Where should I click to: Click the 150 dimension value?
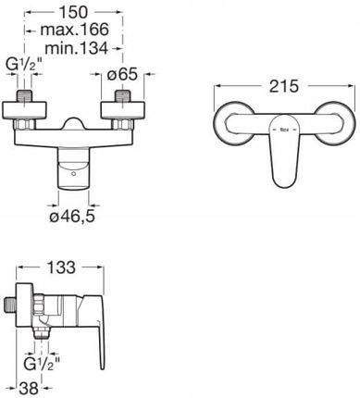73,12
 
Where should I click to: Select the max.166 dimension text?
75,30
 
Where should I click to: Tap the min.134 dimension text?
77,48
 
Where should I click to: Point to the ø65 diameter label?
122,74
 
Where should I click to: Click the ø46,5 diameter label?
72,217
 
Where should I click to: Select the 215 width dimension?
284,86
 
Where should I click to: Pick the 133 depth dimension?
61,267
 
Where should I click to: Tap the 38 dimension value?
29,388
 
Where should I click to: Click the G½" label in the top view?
24,66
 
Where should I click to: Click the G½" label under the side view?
42,365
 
